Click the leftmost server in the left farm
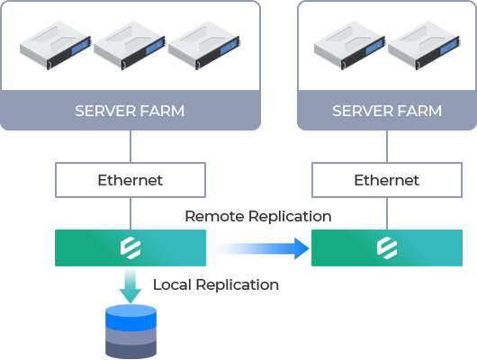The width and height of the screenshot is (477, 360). (56, 45)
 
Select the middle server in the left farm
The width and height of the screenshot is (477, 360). (130, 45)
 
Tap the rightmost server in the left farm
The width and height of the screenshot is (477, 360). (204, 45)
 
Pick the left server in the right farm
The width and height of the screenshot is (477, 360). (350, 45)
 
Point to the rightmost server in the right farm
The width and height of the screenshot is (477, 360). (424, 45)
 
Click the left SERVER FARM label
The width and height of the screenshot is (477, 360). (130, 111)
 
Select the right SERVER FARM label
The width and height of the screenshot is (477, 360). (387, 111)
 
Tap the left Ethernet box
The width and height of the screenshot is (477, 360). (130, 180)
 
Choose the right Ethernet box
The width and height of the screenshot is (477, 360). (387, 180)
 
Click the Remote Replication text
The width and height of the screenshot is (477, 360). (258, 216)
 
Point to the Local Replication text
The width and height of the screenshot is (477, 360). (216, 285)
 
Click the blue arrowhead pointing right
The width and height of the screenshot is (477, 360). (301, 248)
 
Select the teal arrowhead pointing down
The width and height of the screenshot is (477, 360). (130, 295)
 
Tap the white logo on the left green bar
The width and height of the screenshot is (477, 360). (130, 247)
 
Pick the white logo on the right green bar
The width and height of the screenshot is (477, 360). (387, 247)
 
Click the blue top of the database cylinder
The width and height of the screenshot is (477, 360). (130, 317)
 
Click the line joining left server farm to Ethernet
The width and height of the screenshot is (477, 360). (130, 147)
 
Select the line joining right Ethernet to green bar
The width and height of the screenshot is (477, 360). (387, 213)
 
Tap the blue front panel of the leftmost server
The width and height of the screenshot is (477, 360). (81, 46)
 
